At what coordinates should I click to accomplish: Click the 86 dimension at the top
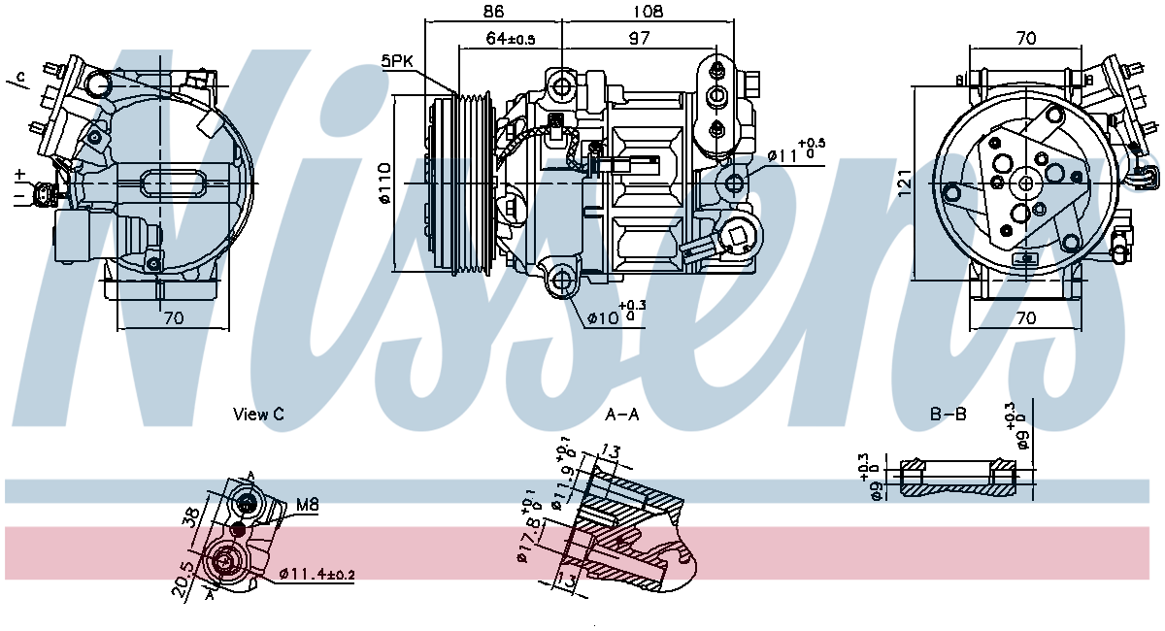click(493, 13)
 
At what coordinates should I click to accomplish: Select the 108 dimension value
click(647, 13)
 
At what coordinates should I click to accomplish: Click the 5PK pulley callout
click(397, 60)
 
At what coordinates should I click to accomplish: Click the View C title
click(258, 415)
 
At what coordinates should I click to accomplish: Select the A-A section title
click(622, 415)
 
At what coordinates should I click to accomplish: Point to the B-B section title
click(949, 415)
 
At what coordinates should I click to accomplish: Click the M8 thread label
click(307, 505)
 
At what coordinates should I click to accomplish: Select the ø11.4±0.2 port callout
click(316, 575)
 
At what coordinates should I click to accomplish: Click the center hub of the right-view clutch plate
click(1025, 183)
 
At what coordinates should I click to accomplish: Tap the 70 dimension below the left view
click(173, 317)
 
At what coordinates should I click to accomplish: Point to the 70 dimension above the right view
click(1025, 39)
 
